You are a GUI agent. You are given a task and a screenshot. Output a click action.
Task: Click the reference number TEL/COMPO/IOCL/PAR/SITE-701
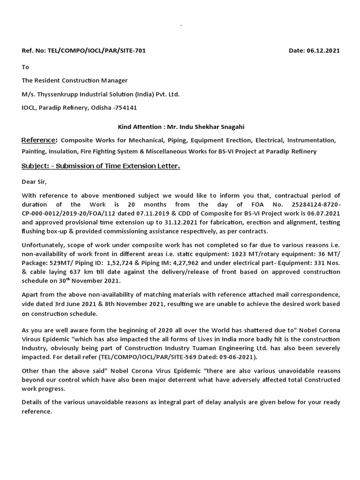[97, 51]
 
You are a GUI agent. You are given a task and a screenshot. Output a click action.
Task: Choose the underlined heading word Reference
[39, 140]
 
